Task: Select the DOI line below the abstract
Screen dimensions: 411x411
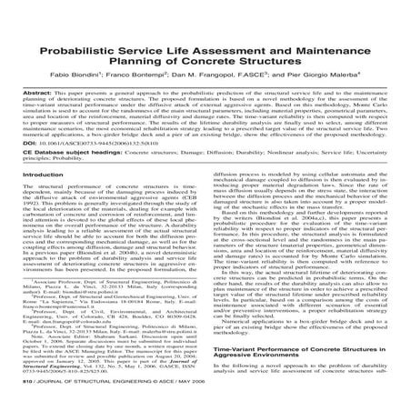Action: coord(95,143)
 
